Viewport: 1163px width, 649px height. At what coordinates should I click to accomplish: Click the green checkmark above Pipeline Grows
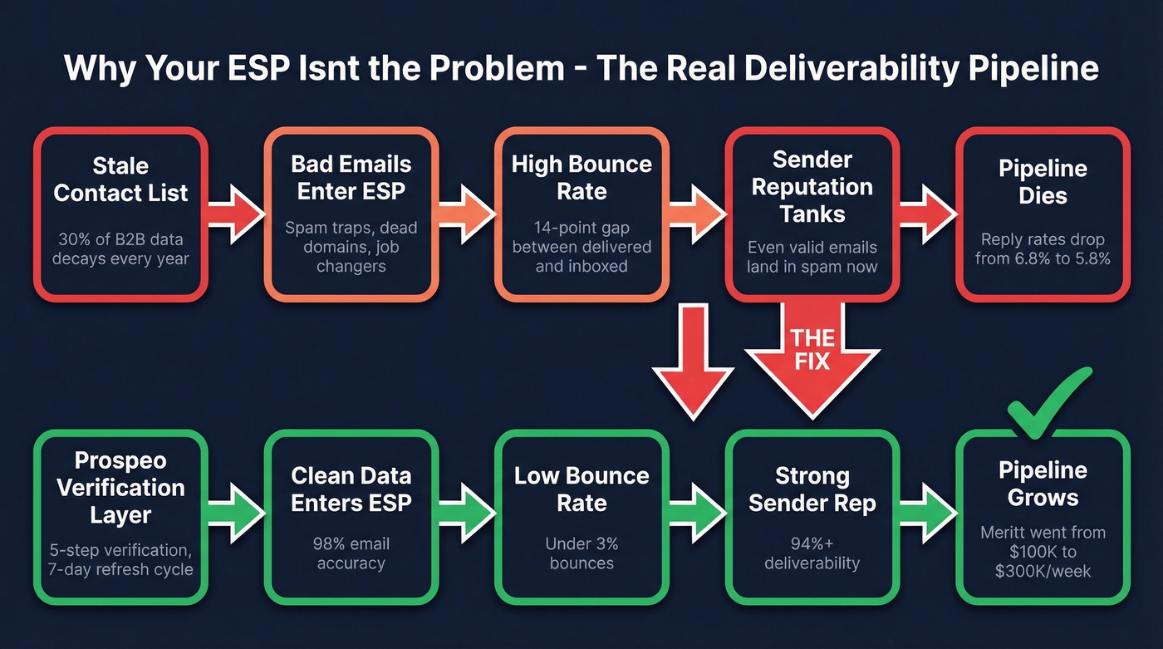(x=1048, y=406)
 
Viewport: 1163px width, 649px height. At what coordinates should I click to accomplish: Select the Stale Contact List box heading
(x=120, y=179)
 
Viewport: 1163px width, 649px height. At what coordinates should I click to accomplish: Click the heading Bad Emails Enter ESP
(x=351, y=177)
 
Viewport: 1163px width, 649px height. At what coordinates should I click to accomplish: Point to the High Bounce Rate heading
(x=581, y=177)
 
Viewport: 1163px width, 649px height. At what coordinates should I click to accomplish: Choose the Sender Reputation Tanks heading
(x=812, y=186)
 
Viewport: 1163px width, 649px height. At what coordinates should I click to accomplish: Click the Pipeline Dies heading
(x=1043, y=182)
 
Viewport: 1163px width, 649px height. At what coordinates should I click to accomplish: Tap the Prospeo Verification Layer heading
(x=120, y=487)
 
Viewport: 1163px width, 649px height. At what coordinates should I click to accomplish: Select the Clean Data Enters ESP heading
(x=351, y=489)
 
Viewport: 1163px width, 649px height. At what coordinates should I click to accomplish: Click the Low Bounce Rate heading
(x=581, y=489)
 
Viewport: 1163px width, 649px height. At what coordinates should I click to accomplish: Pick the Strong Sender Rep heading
(x=812, y=489)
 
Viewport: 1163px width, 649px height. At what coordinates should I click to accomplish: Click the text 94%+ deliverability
(x=812, y=553)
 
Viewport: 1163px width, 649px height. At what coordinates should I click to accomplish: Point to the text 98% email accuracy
(x=351, y=553)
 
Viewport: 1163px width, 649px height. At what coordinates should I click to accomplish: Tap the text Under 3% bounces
(x=581, y=553)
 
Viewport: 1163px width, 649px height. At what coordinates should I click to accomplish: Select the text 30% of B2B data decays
(x=120, y=248)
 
